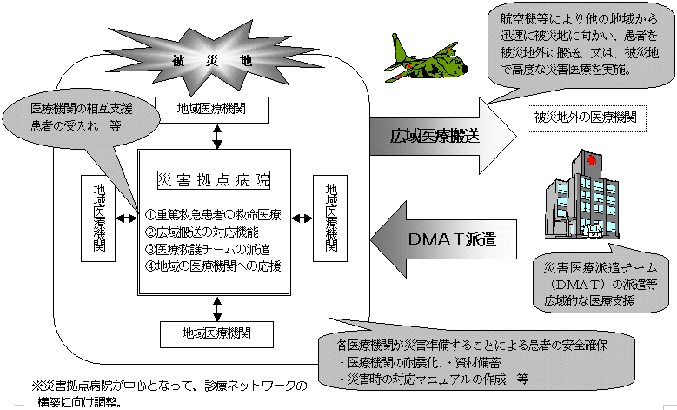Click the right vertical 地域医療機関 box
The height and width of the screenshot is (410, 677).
[x=330, y=218]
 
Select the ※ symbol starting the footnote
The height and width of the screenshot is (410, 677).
[x=38, y=385]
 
